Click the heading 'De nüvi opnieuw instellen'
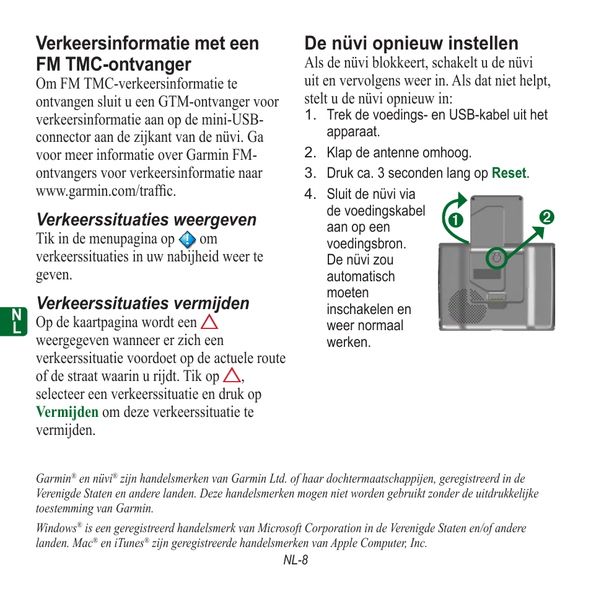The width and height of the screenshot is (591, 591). [411, 43]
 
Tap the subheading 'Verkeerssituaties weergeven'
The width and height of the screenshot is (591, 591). [146, 220]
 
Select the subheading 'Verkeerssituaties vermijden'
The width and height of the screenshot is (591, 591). [142, 303]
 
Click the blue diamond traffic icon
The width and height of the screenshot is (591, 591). [187, 240]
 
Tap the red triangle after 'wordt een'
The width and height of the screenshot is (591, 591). [209, 322]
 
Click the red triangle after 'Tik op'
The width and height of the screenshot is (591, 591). [232, 375]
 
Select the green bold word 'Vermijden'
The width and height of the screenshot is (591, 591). [67, 412]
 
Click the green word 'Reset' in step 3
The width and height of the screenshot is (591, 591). [509, 173]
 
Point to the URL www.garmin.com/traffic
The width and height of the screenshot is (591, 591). [106, 191]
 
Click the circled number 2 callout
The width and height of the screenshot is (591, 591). [546, 217]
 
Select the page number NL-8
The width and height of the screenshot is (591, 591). [295, 560]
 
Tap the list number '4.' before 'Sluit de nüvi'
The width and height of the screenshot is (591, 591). [310, 195]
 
